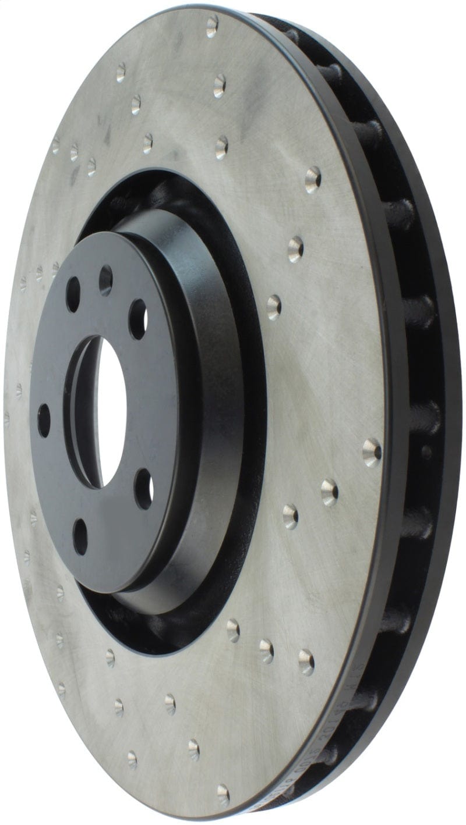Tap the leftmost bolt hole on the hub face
pos(44,420)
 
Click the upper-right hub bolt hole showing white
pos(137,318)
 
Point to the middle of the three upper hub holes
pos(105,280)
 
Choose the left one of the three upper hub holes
pos(73,294)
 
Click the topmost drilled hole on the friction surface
pos(212,26)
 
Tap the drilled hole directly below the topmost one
pos(219,86)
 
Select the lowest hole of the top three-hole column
pos(221,147)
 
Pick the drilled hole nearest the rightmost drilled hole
pos(329,492)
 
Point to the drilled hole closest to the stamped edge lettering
pos(307,662)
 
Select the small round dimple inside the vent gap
pos(426,451)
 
